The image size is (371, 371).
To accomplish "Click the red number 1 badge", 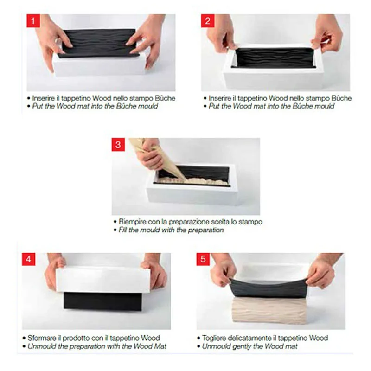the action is pos(33,21).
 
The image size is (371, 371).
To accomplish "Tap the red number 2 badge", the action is pos(207,21).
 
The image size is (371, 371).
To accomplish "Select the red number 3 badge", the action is pos(118,145).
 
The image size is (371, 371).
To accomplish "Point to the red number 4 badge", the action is pos(29,259).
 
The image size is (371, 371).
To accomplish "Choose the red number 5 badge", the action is pos(203,259).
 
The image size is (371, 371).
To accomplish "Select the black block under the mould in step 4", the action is pos(102,301).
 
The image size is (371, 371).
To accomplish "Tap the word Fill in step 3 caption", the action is pos(123,230).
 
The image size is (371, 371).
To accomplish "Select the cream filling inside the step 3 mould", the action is pos(193,181).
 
